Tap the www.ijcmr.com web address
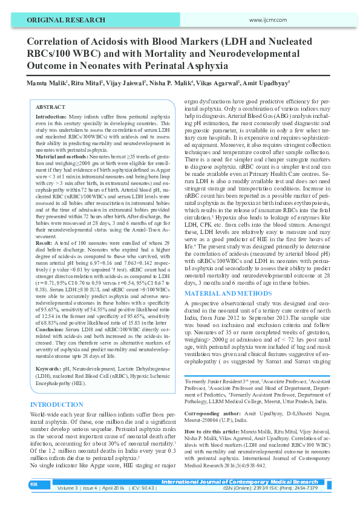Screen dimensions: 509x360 tap(267, 20)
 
